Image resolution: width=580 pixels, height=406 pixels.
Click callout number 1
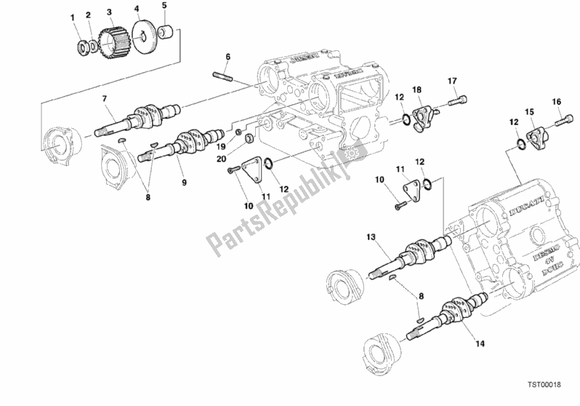pyautogui.click(x=73, y=16)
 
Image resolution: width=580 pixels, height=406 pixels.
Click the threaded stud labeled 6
pyautogui.click(x=222, y=72)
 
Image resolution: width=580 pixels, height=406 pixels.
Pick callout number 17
pyautogui.click(x=451, y=80)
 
